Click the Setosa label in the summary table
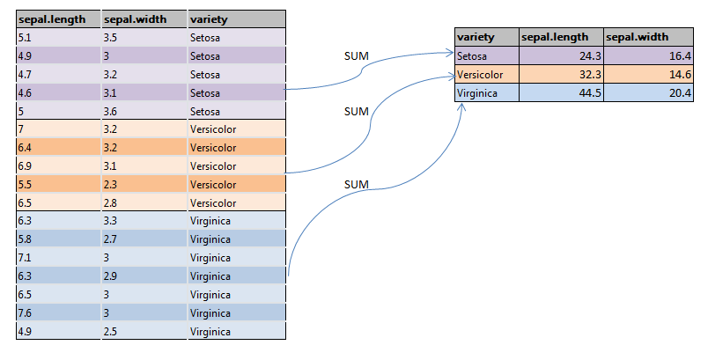point(471,56)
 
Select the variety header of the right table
point(475,37)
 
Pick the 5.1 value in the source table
point(25,39)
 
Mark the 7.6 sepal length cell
point(25,312)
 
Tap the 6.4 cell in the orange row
point(25,148)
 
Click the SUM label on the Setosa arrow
point(355,57)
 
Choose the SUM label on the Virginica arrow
point(355,184)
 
